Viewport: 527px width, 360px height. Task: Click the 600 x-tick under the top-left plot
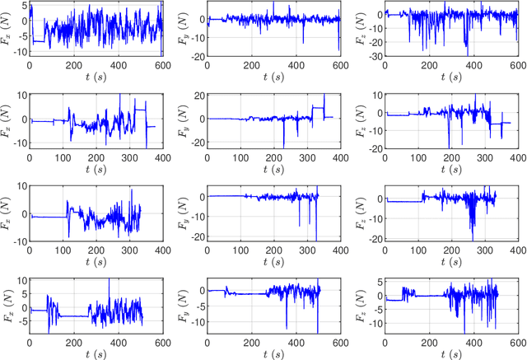(163, 66)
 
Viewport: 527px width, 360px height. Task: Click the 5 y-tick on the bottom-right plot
(378, 281)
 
